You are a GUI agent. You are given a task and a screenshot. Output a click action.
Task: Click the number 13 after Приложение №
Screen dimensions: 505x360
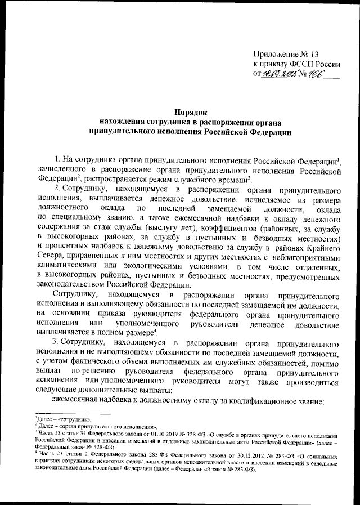pyautogui.click(x=313, y=55)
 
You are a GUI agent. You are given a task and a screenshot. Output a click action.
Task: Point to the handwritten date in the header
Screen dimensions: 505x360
pyautogui.click(x=281, y=74)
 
